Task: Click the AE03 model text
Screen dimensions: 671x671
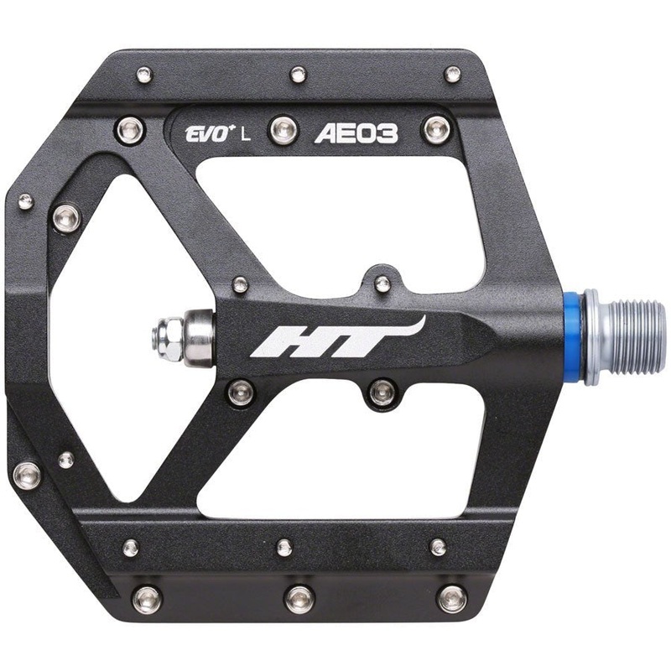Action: tap(356, 133)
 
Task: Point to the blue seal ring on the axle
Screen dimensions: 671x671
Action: tap(573, 336)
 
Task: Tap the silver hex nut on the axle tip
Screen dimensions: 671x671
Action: tap(165, 337)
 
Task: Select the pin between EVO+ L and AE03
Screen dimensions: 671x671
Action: tap(283, 130)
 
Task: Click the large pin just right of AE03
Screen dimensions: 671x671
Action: tap(436, 130)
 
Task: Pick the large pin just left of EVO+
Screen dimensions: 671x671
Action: tap(129, 130)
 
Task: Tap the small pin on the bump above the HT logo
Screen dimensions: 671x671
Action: tap(382, 284)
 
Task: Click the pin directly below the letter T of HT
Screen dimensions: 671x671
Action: tap(382, 390)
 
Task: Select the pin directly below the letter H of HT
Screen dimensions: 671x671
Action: tap(241, 391)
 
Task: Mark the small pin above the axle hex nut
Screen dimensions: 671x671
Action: tap(241, 284)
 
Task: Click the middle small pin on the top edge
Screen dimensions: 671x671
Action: tap(299, 75)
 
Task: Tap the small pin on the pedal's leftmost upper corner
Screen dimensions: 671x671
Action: tap(26, 201)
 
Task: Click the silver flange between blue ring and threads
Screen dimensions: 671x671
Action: tap(592, 336)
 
